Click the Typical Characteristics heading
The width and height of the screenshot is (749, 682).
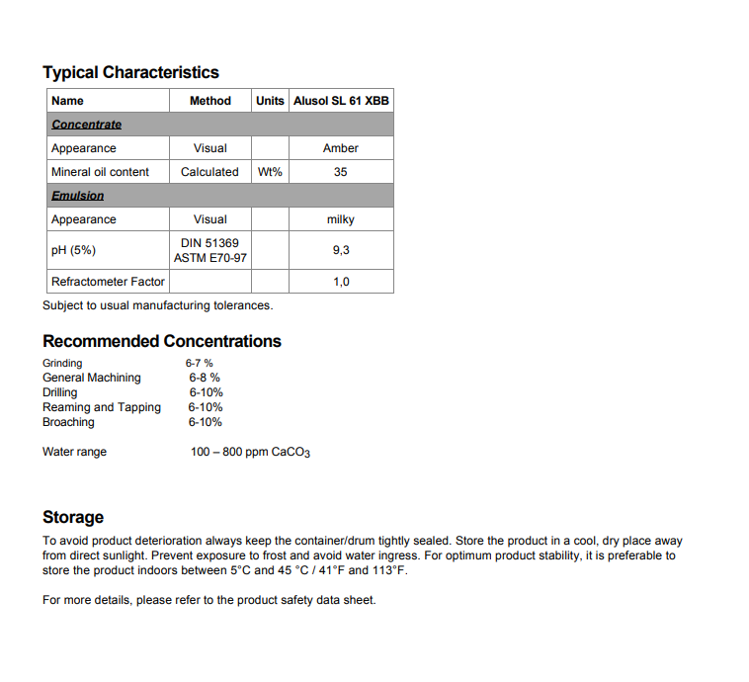point(130,72)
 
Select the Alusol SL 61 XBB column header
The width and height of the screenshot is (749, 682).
point(341,101)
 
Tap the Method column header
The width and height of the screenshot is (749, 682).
point(210,101)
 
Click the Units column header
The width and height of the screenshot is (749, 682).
point(270,101)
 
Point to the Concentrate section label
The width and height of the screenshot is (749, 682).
point(87,125)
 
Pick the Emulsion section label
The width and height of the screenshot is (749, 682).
point(77,196)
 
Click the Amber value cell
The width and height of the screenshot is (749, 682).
point(341,148)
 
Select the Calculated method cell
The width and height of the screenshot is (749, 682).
point(209,172)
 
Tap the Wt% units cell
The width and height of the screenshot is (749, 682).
point(270,172)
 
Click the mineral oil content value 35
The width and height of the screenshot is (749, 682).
point(341,172)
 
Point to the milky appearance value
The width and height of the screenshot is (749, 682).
point(341,219)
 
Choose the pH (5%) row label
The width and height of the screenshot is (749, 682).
point(73,250)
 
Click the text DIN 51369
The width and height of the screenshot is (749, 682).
point(209,242)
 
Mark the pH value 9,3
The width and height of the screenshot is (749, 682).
point(341,250)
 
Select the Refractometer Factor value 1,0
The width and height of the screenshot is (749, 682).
point(341,282)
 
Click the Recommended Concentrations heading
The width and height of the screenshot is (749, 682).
point(161,341)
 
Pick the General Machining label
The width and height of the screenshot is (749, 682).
point(92,378)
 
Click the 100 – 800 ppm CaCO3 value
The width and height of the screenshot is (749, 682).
point(250,453)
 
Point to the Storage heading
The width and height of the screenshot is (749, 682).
point(73,517)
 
